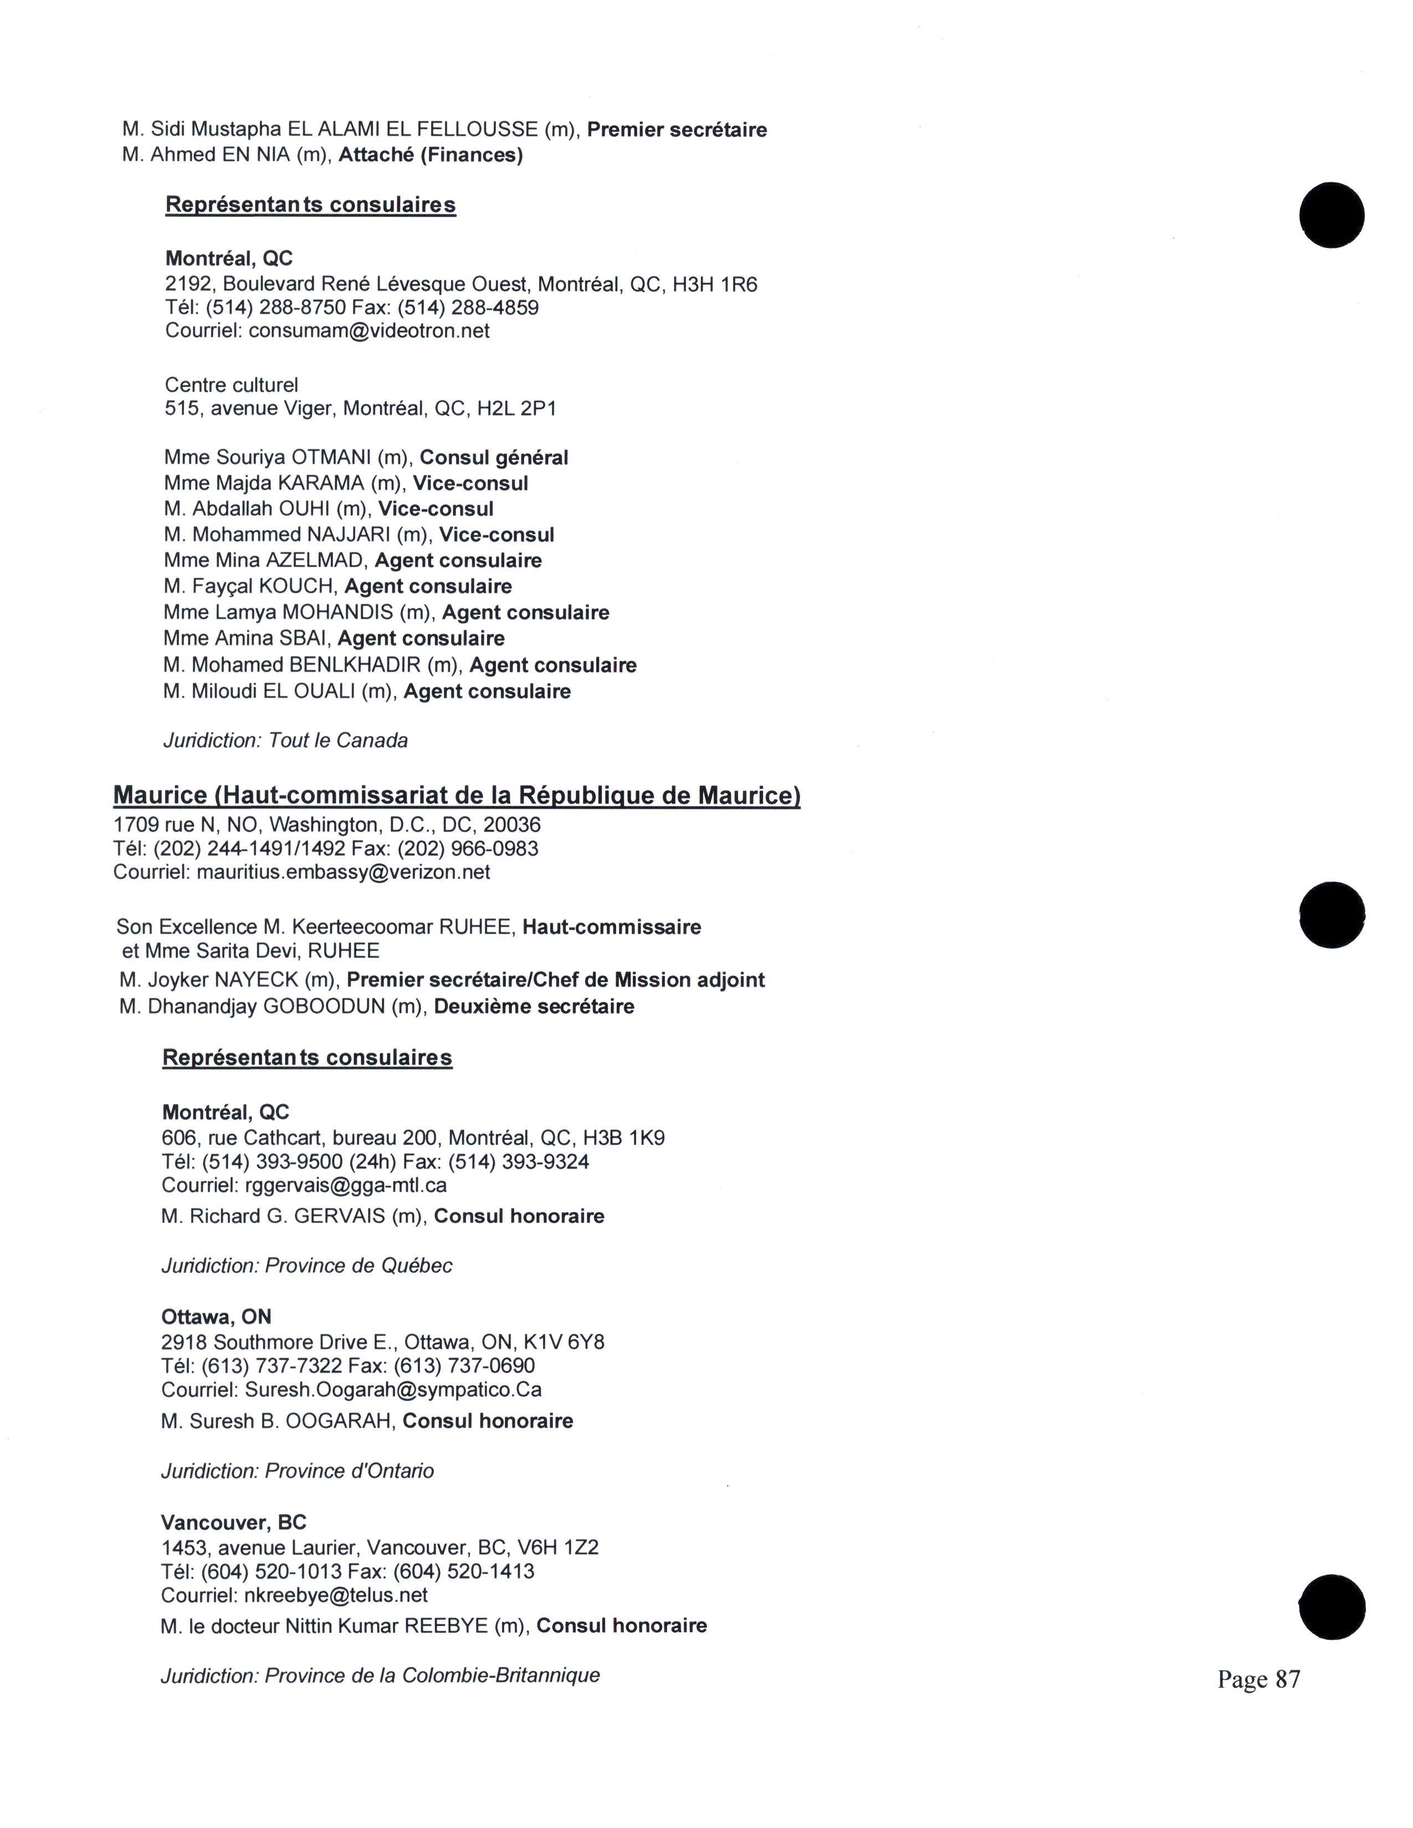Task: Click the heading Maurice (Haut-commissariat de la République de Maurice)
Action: (x=456, y=794)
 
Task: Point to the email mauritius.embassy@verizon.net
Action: (x=343, y=872)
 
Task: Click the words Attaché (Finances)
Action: (x=430, y=156)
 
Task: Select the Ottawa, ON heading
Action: (x=216, y=1317)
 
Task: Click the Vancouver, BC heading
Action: (x=233, y=1522)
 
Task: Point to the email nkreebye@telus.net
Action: (x=336, y=1595)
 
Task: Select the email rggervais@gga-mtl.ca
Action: (x=345, y=1185)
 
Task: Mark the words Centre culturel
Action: (x=231, y=385)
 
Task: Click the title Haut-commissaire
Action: (x=611, y=927)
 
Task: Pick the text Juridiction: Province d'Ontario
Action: (x=297, y=1471)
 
